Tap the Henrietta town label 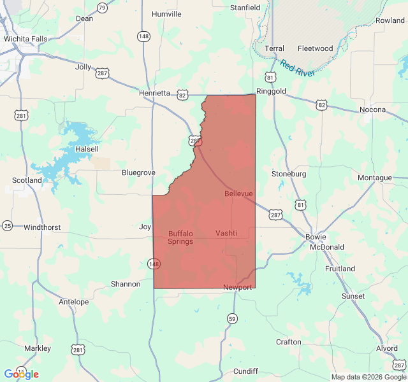[155, 93]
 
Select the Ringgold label [271, 91]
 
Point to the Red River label [297, 68]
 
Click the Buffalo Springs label [180, 237]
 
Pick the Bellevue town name [238, 193]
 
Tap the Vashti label [226, 233]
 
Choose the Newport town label [237, 287]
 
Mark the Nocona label [373, 110]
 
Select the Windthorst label [42, 227]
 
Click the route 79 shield [102, 8]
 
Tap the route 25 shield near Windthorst [8, 225]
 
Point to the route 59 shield [232, 318]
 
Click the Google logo [22, 374]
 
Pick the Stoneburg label [289, 174]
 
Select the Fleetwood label [315, 48]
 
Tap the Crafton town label [288, 342]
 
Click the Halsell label [87, 149]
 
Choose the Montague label [375, 178]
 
